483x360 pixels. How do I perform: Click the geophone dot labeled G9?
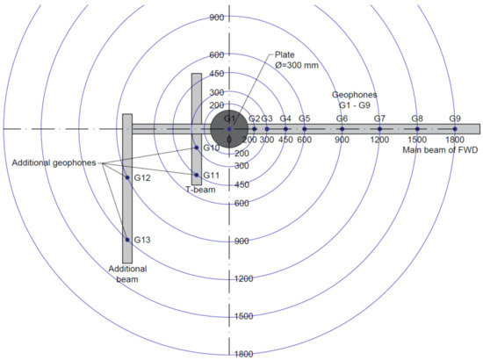point(455,129)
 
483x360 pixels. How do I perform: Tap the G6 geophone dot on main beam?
point(342,129)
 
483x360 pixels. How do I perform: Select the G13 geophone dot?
point(127,240)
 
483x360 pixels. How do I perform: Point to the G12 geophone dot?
point(127,177)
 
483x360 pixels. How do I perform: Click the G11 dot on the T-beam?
point(197,175)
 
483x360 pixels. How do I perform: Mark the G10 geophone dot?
point(197,148)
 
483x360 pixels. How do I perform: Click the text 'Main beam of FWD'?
point(440,150)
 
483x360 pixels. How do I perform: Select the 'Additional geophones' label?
point(54,163)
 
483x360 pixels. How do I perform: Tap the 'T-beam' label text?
point(200,190)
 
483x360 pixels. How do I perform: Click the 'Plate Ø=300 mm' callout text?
point(296,60)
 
